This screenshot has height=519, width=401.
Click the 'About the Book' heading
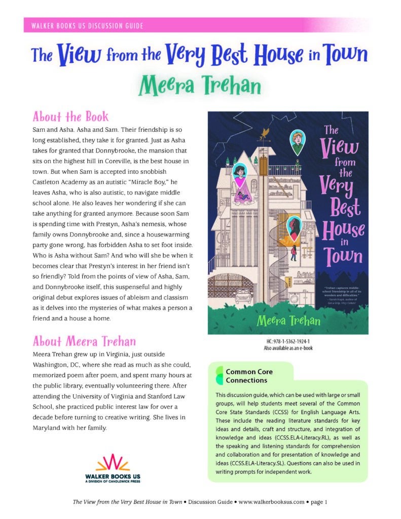tap(70, 117)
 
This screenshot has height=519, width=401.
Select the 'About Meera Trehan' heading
tap(84, 340)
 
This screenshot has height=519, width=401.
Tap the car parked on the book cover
tap(244, 295)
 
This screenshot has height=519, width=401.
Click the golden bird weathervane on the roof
tap(264, 133)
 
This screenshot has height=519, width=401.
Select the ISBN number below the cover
tap(287, 342)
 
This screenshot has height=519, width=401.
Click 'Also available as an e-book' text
tap(287, 349)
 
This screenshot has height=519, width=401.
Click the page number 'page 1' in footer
tap(319, 502)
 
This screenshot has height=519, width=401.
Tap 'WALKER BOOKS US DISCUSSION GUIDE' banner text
tap(86, 25)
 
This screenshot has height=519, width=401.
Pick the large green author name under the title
tap(200, 87)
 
